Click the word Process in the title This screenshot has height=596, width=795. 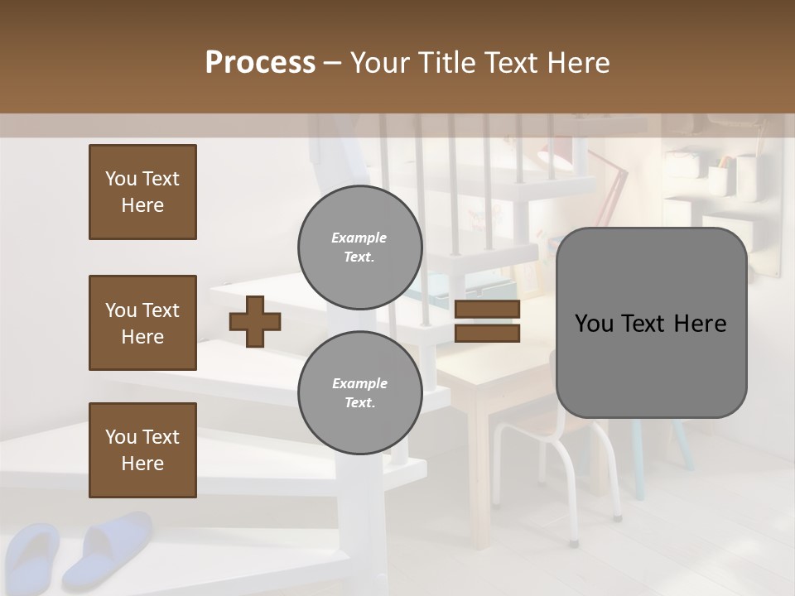pos(260,63)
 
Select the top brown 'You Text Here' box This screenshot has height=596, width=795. pos(142,192)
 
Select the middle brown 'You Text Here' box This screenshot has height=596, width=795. pos(142,323)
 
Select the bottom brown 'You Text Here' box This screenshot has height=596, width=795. pos(142,450)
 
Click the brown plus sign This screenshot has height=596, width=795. pos(254,321)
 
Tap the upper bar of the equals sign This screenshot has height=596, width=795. pos(487,310)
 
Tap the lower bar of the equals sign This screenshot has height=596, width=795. pos(487,333)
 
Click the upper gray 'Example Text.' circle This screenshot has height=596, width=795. pos(359,247)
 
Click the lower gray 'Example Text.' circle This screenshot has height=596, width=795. pos(359,392)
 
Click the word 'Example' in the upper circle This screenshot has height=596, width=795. pos(359,238)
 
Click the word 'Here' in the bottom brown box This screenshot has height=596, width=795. pos(142,464)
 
